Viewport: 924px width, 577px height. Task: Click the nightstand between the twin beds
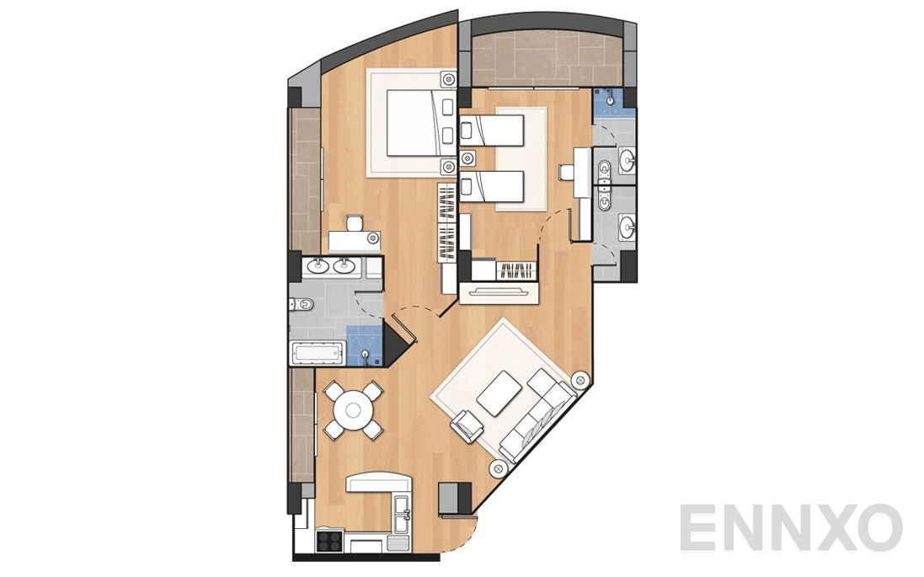click(467, 158)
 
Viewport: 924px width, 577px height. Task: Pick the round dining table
click(353, 410)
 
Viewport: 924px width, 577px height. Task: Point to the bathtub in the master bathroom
click(318, 353)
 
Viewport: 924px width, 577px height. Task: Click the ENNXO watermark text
click(790, 527)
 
